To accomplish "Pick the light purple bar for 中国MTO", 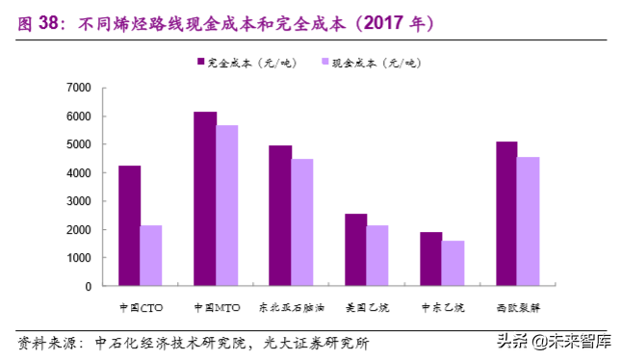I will [226, 206].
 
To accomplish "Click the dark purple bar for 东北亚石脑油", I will [280, 216].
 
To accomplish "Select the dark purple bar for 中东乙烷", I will [431, 259].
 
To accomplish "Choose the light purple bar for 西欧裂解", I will [529, 221].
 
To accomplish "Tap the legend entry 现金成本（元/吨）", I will [369, 63].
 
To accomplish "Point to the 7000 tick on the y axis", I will [79, 89].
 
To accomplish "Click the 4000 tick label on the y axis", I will [79, 173].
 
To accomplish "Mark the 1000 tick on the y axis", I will [79, 258].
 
